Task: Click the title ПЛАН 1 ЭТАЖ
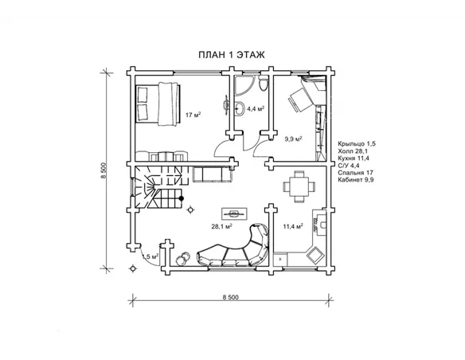pyautogui.click(x=232, y=55)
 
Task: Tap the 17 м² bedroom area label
pyautogui.click(x=193, y=115)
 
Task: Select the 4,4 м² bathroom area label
pyautogui.click(x=256, y=109)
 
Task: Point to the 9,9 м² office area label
pyautogui.click(x=293, y=139)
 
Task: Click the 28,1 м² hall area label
pyautogui.click(x=221, y=226)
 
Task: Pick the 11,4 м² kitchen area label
pyautogui.click(x=293, y=226)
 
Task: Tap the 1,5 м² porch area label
pyautogui.click(x=150, y=256)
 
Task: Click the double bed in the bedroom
pyautogui.click(x=158, y=104)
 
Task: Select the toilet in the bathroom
pyautogui.click(x=263, y=84)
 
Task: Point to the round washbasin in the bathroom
pyautogui.click(x=239, y=108)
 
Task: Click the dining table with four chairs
pyautogui.click(x=299, y=186)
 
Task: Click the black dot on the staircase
pyautogui.click(x=182, y=198)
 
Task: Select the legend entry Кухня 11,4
pyautogui.click(x=354, y=158)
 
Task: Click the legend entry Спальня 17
pyautogui.click(x=356, y=173)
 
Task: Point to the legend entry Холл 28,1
pyautogui.click(x=353, y=151)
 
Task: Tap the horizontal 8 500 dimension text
pyautogui.click(x=230, y=297)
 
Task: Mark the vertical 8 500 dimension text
pyautogui.click(x=104, y=170)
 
